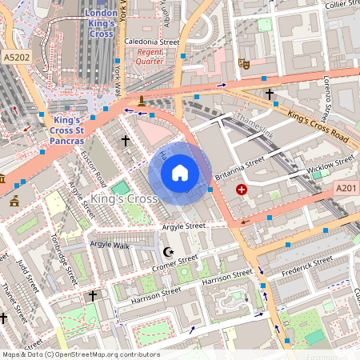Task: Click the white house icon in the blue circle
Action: pos(180,173)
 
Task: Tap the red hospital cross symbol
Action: pos(242,190)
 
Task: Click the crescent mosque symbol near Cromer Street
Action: pos(166,252)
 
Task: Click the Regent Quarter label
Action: pos(150,56)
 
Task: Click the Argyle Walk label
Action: pos(110,244)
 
